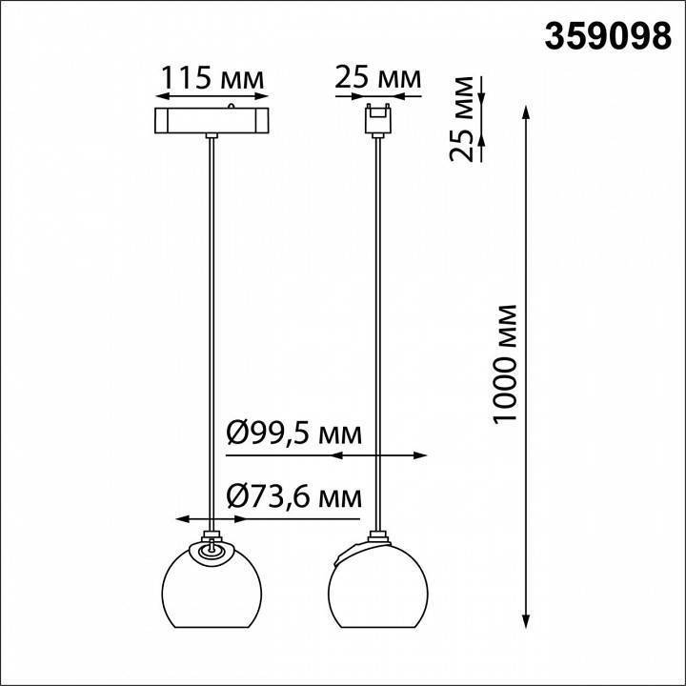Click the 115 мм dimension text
click(x=211, y=77)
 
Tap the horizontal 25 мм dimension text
click(x=378, y=77)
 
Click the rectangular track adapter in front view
click(x=211, y=122)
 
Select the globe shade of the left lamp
click(x=211, y=591)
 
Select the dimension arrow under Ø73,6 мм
click(x=211, y=520)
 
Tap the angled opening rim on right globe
click(x=358, y=550)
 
